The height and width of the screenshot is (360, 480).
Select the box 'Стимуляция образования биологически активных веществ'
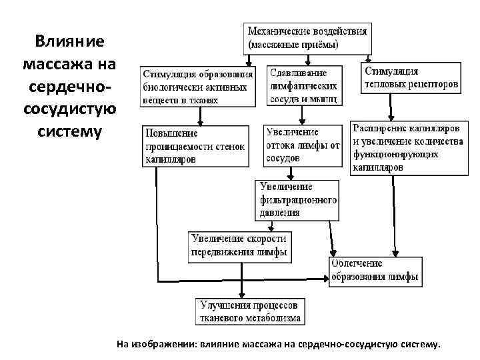pyautogui.click(x=198, y=85)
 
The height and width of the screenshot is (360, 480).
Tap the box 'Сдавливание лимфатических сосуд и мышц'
pyautogui.click(x=305, y=85)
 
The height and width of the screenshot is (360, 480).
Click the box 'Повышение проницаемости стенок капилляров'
pyautogui.click(x=195, y=146)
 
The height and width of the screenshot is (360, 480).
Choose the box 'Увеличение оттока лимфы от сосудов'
pyautogui.click(x=302, y=145)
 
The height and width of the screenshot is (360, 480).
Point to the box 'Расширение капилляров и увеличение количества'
pyautogui.click(x=407, y=147)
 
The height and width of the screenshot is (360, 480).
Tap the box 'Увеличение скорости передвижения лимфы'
pyautogui.click(x=239, y=245)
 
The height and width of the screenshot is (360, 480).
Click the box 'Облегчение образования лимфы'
pyautogui.click(x=375, y=271)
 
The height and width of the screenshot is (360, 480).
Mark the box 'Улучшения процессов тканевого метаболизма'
pyautogui.click(x=251, y=311)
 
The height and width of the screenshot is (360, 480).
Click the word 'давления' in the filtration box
pyautogui.click(x=280, y=213)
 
